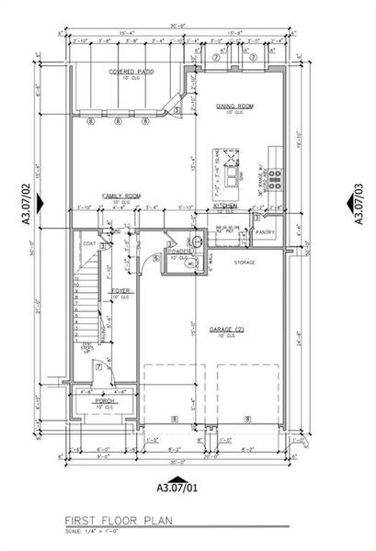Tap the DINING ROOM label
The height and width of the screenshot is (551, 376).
tap(234, 106)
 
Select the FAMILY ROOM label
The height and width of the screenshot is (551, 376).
tap(120, 196)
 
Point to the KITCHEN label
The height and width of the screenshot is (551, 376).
tap(227, 207)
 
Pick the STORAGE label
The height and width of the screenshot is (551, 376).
tap(244, 263)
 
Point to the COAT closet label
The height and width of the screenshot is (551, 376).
tap(89, 244)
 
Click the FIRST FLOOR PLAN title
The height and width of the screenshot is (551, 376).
tap(116, 520)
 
